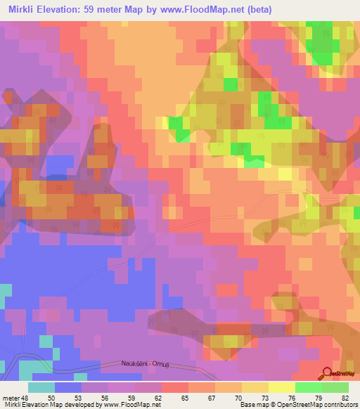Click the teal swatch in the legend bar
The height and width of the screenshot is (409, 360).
(41, 387)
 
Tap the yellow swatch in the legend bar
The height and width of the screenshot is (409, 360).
(282, 387)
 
